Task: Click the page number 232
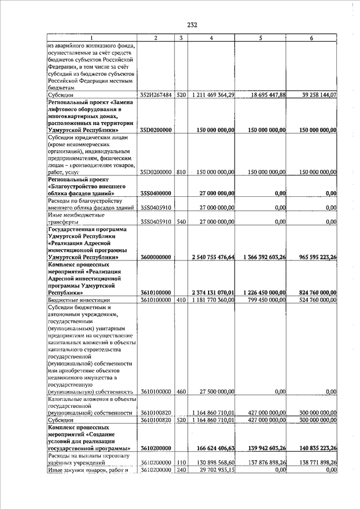click(x=192, y=25)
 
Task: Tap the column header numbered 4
click(x=211, y=38)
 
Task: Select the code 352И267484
click(x=156, y=95)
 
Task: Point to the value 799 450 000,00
click(x=265, y=300)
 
